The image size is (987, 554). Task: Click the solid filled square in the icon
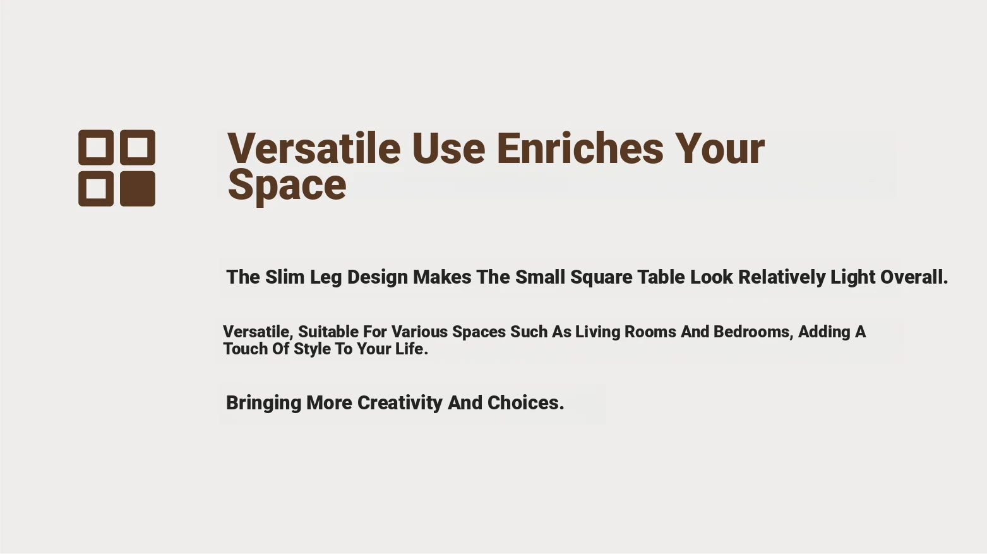click(138, 189)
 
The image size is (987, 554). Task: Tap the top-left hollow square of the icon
click(81, 147)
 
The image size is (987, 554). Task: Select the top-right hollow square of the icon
click(123, 147)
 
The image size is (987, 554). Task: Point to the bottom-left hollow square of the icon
click(81, 189)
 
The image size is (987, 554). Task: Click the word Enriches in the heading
click(580, 148)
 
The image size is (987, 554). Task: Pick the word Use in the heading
click(448, 148)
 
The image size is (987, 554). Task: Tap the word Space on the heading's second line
click(287, 186)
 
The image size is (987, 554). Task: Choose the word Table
click(661, 277)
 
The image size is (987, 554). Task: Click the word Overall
click(914, 277)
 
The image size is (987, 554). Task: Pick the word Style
click(312, 349)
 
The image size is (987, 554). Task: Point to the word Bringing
click(263, 403)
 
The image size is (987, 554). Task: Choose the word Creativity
click(400, 403)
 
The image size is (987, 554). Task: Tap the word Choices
click(525, 403)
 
